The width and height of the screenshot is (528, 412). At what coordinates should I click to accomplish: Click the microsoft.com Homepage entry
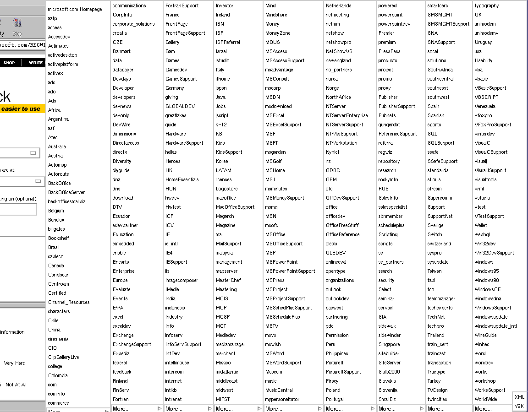coord(75,9)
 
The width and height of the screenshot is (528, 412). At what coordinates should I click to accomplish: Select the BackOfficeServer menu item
coord(66,192)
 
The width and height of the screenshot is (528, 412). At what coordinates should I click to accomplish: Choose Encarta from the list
coord(121,262)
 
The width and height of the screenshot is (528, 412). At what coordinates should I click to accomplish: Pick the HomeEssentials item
coord(182,179)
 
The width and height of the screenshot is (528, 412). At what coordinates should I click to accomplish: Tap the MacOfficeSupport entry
coord(235,207)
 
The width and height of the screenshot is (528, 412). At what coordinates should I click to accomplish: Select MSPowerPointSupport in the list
coord(290,271)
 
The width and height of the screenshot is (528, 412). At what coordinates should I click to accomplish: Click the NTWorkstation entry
coord(341,143)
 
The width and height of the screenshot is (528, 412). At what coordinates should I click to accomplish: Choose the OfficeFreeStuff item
coord(342,225)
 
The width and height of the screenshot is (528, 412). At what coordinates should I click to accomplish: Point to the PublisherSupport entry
coord(396,106)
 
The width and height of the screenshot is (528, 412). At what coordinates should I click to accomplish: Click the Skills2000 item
coord(389,372)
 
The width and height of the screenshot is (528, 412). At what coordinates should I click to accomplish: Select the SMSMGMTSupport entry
coord(448,24)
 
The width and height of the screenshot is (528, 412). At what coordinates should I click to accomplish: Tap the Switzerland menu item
coord(439,244)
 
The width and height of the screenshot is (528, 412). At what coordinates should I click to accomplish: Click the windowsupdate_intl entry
coord(495,326)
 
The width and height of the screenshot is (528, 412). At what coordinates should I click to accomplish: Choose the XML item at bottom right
coord(519,397)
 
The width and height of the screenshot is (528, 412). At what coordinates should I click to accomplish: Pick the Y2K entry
coord(519,406)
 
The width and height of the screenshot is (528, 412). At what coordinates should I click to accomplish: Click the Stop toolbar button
coord(17,27)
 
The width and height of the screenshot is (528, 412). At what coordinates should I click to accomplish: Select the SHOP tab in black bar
coord(9,63)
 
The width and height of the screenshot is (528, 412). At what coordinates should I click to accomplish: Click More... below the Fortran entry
coord(121,409)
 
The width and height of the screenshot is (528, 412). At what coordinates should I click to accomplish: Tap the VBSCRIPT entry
coord(486,97)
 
